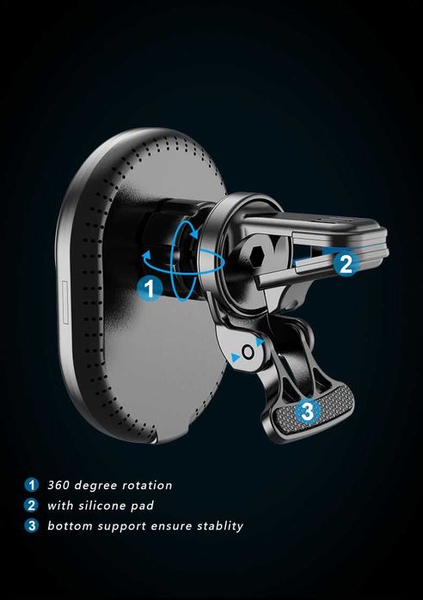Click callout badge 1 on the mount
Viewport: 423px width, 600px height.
(x=150, y=288)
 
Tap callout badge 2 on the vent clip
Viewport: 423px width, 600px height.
(x=346, y=264)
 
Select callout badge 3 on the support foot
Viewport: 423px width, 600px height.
(x=307, y=412)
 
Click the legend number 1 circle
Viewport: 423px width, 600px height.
(x=32, y=485)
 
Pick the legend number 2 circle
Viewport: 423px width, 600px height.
(x=32, y=505)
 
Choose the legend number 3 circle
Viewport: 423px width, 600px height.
(x=32, y=525)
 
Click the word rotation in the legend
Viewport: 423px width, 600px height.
(x=147, y=485)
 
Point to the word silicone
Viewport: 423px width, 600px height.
(x=102, y=506)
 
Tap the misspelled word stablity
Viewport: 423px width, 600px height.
(x=220, y=526)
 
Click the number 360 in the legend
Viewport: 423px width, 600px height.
(x=58, y=485)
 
